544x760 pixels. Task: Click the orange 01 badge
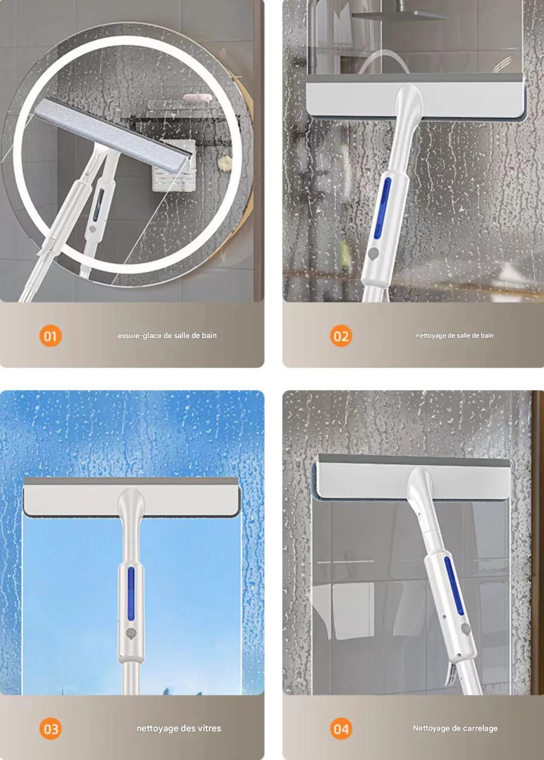click(x=50, y=336)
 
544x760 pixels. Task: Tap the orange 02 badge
click(x=341, y=336)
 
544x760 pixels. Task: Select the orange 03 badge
click(x=50, y=728)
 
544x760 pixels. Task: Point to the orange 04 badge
click(x=341, y=728)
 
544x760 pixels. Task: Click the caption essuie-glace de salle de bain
click(x=167, y=336)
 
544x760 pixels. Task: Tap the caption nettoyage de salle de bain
click(x=454, y=336)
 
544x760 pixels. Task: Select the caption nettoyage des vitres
click(x=179, y=728)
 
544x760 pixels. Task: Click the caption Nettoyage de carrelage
click(x=455, y=728)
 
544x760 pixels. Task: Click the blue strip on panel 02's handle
click(x=382, y=208)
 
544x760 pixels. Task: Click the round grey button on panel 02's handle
click(x=373, y=253)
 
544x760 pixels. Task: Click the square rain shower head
click(x=399, y=15)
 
